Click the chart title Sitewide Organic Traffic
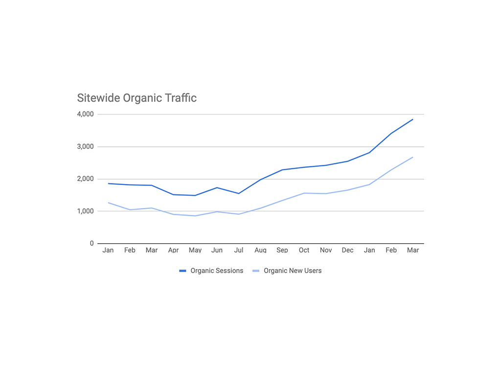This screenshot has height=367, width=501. [137, 98]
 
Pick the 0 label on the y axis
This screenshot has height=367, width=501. [91, 243]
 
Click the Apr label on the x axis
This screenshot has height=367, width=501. [173, 250]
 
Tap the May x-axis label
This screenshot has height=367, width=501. [195, 250]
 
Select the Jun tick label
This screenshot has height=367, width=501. [217, 250]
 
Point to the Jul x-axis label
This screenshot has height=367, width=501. [239, 250]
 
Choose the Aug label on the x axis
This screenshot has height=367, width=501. [260, 250]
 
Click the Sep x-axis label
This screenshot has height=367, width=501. [282, 250]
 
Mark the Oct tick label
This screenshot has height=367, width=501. [304, 250]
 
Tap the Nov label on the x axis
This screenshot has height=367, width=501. [326, 250]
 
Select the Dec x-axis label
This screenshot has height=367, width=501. [347, 250]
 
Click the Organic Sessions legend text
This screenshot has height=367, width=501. [217, 271]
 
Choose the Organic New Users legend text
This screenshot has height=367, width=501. [293, 271]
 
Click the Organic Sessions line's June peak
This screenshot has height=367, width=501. [217, 187]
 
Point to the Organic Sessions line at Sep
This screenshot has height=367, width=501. [282, 170]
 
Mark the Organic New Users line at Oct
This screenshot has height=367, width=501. [304, 193]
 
